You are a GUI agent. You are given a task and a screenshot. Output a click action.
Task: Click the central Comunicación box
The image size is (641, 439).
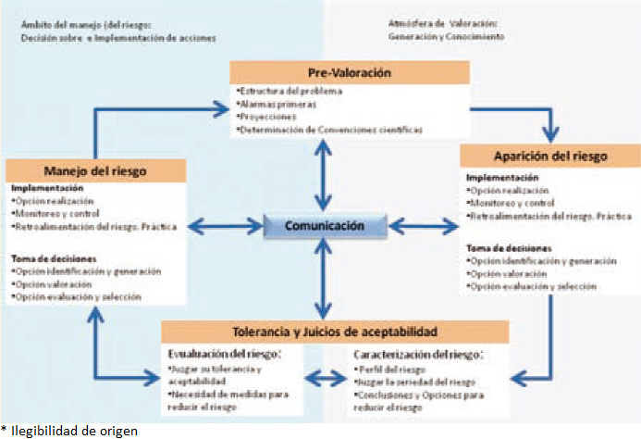click(x=323, y=225)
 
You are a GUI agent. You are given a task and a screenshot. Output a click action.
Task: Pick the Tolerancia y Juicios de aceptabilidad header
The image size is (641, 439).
click(x=335, y=332)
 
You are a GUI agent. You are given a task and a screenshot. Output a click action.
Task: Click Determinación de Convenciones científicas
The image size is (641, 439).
click(x=328, y=130)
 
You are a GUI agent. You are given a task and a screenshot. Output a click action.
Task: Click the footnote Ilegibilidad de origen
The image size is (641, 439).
click(x=71, y=430)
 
